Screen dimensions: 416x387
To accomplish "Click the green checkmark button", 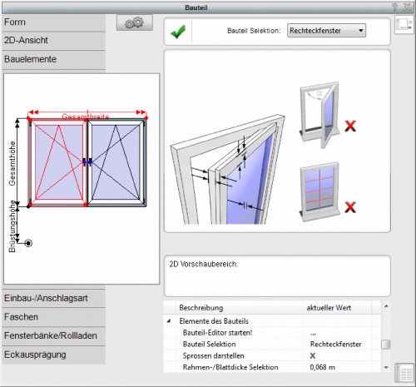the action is (178, 32).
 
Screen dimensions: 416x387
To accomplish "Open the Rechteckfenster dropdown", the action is (326, 31).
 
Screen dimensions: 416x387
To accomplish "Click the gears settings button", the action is (135, 22).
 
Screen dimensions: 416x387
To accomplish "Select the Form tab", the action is (53, 22).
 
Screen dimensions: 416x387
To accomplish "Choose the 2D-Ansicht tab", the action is (53, 41).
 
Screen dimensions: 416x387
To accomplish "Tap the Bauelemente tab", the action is (53, 59).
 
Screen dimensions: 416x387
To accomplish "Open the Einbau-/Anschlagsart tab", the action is (53, 298).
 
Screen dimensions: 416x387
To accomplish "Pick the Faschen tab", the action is (53, 317).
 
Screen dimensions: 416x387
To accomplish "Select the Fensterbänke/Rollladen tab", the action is (53, 336).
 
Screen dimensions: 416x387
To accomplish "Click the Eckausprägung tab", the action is (53, 355).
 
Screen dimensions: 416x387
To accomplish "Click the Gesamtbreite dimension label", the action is (85, 117).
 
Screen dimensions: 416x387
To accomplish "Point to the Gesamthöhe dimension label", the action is (12, 163).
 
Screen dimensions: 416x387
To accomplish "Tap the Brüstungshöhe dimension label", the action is (12, 226).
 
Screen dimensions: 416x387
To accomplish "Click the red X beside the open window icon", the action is (350, 127).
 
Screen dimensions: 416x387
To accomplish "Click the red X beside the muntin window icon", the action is (350, 207).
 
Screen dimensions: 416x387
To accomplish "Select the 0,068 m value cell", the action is (323, 367).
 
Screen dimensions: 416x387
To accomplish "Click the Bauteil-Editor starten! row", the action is (217, 333).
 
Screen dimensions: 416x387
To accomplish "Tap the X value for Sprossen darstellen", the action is (313, 356).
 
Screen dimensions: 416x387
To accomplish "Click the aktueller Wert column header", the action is (329, 308).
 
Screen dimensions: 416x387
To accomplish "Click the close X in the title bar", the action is (407, 7).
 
